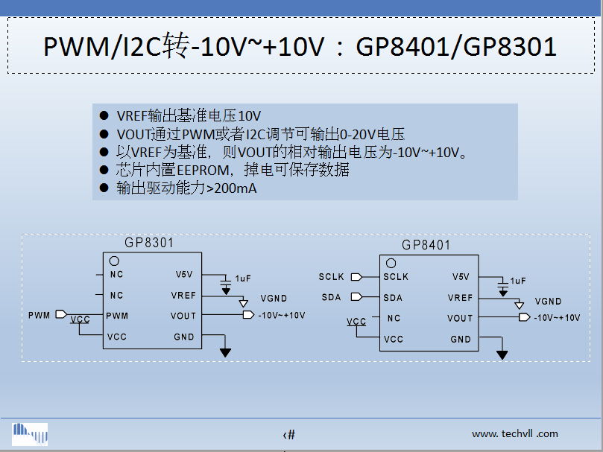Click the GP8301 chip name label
[x=148, y=243]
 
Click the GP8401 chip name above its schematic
[x=426, y=245]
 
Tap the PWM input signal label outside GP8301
[x=39, y=315]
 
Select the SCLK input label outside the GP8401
[x=332, y=277]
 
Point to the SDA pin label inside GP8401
[x=393, y=298]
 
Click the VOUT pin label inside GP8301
[x=183, y=316]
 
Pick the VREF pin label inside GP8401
[x=460, y=298]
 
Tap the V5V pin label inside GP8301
[x=184, y=274]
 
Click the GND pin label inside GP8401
[x=461, y=340]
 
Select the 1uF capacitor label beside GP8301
[x=243, y=278]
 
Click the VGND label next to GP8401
[x=548, y=302]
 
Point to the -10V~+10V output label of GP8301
[x=282, y=316]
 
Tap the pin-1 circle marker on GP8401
[x=391, y=264]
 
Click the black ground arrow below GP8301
[x=226, y=352]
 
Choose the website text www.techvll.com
[x=514, y=433]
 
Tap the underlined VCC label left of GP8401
[x=356, y=322]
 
